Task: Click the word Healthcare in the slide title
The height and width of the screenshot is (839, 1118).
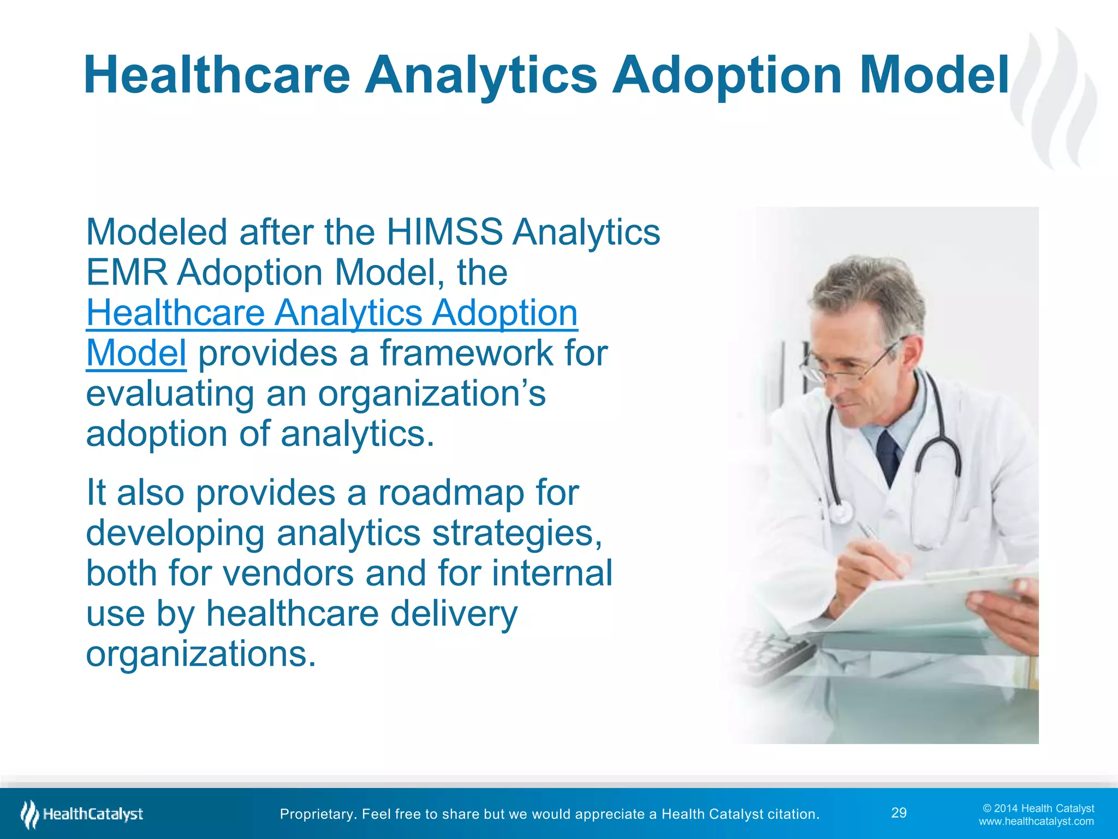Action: click(x=217, y=75)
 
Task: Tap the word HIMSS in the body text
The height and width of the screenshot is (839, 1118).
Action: click(x=444, y=232)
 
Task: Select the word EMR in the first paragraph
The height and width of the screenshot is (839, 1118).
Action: click(x=127, y=273)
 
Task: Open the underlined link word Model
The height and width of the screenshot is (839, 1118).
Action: click(x=136, y=353)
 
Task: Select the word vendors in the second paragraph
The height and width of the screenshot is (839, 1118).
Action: click(x=289, y=574)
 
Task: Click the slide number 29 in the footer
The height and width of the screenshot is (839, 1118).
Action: click(x=899, y=813)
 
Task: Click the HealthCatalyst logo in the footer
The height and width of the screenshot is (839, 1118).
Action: click(x=82, y=814)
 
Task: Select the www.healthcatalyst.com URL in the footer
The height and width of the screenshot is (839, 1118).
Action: click(x=1036, y=822)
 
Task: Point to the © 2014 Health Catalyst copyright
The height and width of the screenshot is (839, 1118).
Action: click(x=1038, y=808)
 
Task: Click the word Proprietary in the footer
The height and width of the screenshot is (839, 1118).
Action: click(x=317, y=814)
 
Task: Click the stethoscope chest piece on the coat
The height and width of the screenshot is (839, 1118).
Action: click(x=840, y=513)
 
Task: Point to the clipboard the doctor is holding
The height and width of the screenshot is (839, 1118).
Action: click(x=928, y=601)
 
